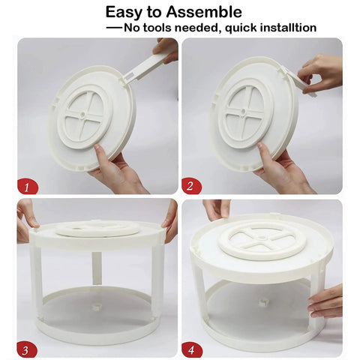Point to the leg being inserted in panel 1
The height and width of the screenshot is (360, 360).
click(x=146, y=67)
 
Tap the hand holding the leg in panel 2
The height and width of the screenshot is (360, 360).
click(x=322, y=69)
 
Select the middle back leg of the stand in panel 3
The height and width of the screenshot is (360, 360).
click(x=97, y=268)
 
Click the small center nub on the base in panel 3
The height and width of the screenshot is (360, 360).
click(x=97, y=307)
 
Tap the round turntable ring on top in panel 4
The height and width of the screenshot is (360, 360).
click(x=262, y=239)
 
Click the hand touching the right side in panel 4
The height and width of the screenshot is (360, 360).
click(x=327, y=301)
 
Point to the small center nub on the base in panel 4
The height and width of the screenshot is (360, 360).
click(x=263, y=302)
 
